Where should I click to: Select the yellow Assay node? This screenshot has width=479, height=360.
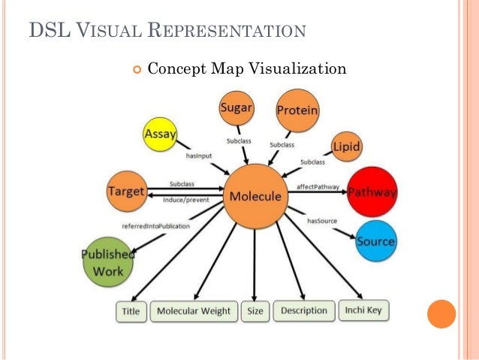pos(160,135)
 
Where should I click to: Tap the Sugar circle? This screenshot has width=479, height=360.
pos(236,109)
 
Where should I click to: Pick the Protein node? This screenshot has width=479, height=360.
pos(297,110)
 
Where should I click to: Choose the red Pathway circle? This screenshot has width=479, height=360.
pos(372,192)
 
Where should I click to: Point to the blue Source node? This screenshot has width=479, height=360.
pos(375,241)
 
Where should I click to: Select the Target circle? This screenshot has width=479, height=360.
pos(125,191)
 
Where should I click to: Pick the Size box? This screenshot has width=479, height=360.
pos(255,311)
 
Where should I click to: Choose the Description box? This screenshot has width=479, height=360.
pos(304,310)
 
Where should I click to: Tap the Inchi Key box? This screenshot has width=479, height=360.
pos(364,310)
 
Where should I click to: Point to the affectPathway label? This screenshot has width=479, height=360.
pos(318,186)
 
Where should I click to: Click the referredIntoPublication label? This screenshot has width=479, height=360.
pos(156,225)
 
